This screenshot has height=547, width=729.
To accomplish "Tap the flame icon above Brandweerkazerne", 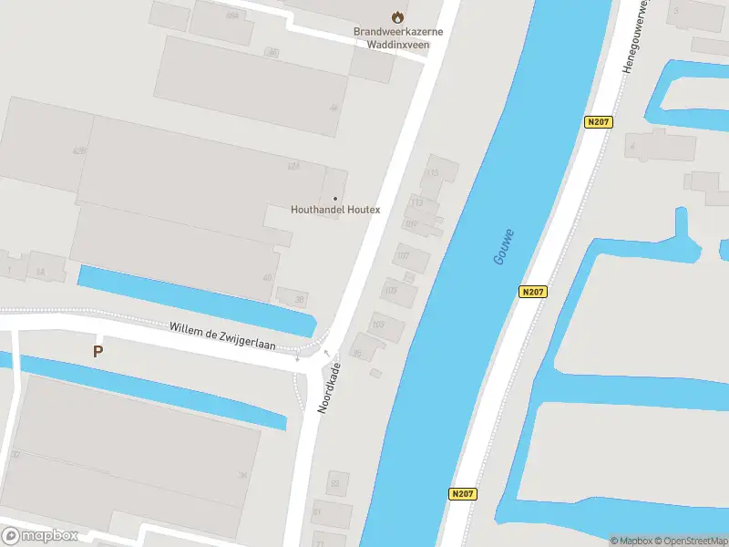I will [x=396, y=16].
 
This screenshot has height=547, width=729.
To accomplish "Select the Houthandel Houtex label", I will [x=334, y=209].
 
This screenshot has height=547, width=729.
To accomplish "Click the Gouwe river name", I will [x=503, y=246].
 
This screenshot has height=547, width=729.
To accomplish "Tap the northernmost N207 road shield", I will [x=598, y=122].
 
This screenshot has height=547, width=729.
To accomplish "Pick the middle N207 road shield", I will [x=534, y=292].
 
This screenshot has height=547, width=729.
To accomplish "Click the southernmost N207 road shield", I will [x=463, y=493].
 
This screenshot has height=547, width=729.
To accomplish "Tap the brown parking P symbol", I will [x=98, y=350].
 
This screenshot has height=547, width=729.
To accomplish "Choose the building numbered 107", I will [x=409, y=256].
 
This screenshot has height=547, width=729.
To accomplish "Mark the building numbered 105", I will [x=397, y=292].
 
